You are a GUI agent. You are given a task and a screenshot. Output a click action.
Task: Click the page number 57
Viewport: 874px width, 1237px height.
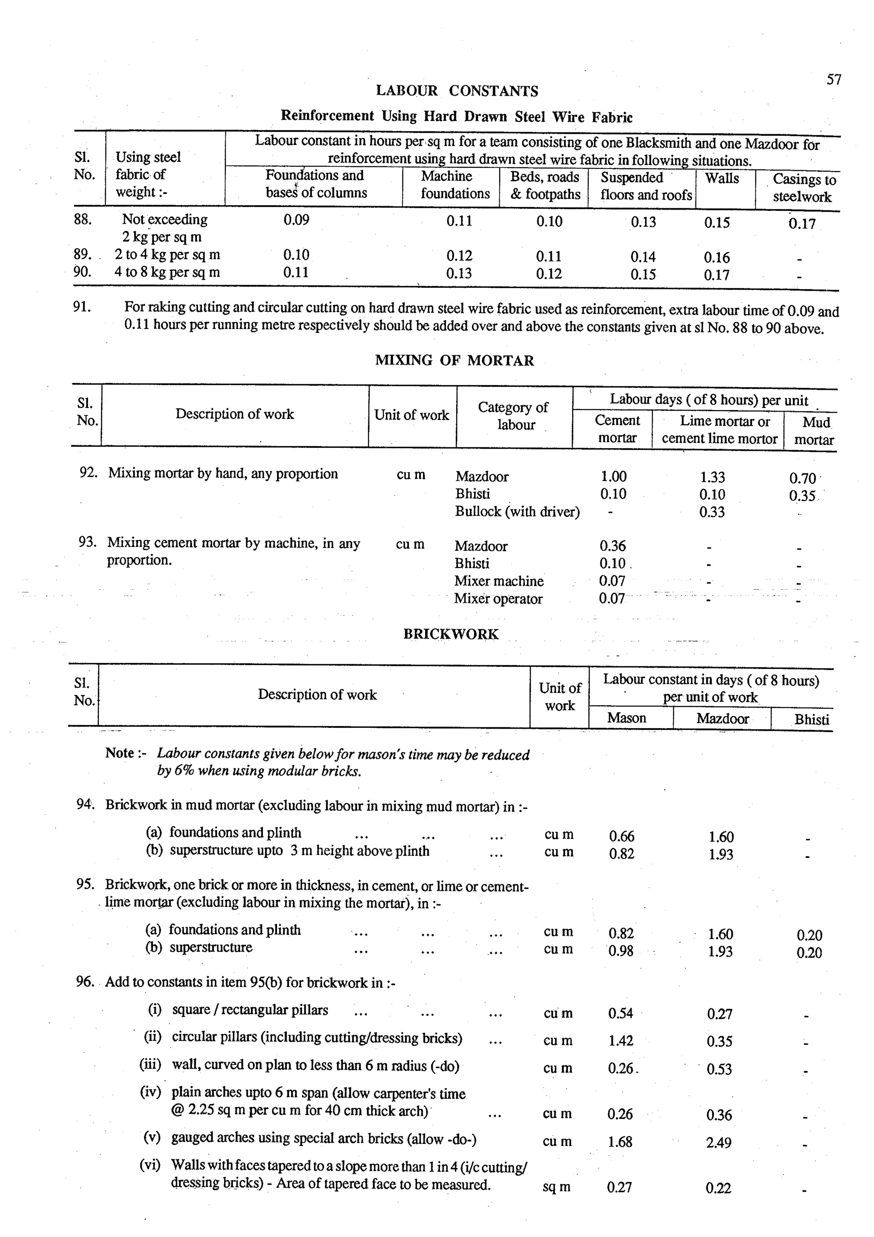pos(833,80)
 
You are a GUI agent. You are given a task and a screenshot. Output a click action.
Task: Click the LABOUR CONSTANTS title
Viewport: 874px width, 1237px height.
pos(457,90)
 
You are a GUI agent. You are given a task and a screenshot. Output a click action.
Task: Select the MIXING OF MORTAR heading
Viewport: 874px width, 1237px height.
pos(454,360)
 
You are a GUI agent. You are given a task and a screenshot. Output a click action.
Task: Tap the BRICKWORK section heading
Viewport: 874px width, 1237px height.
pos(451,634)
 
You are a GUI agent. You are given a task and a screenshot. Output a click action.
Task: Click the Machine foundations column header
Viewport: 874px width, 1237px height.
pos(455,185)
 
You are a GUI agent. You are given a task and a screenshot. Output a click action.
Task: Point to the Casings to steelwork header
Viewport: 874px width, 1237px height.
pos(804,188)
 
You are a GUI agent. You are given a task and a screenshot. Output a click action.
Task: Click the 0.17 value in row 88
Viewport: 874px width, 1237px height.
pos(802,224)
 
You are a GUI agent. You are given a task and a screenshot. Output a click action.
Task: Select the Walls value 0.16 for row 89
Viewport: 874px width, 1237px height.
pos(717,257)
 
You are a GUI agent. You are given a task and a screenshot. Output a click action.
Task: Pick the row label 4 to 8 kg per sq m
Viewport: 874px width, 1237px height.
pos(167,272)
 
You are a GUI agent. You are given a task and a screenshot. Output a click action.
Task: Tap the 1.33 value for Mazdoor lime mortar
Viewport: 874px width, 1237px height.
pos(712,477)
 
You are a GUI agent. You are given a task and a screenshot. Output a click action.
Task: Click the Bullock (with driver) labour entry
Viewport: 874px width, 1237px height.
pos(517,511)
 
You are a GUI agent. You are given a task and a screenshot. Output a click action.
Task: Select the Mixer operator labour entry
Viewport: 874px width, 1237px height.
pos(498,598)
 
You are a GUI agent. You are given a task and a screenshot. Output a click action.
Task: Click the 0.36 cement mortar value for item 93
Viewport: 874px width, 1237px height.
pos(612,546)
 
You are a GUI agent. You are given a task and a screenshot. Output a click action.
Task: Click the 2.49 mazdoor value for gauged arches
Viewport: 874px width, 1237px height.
pos(718,1142)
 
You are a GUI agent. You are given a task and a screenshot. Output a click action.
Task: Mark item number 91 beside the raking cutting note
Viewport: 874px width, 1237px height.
pos(82,307)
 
